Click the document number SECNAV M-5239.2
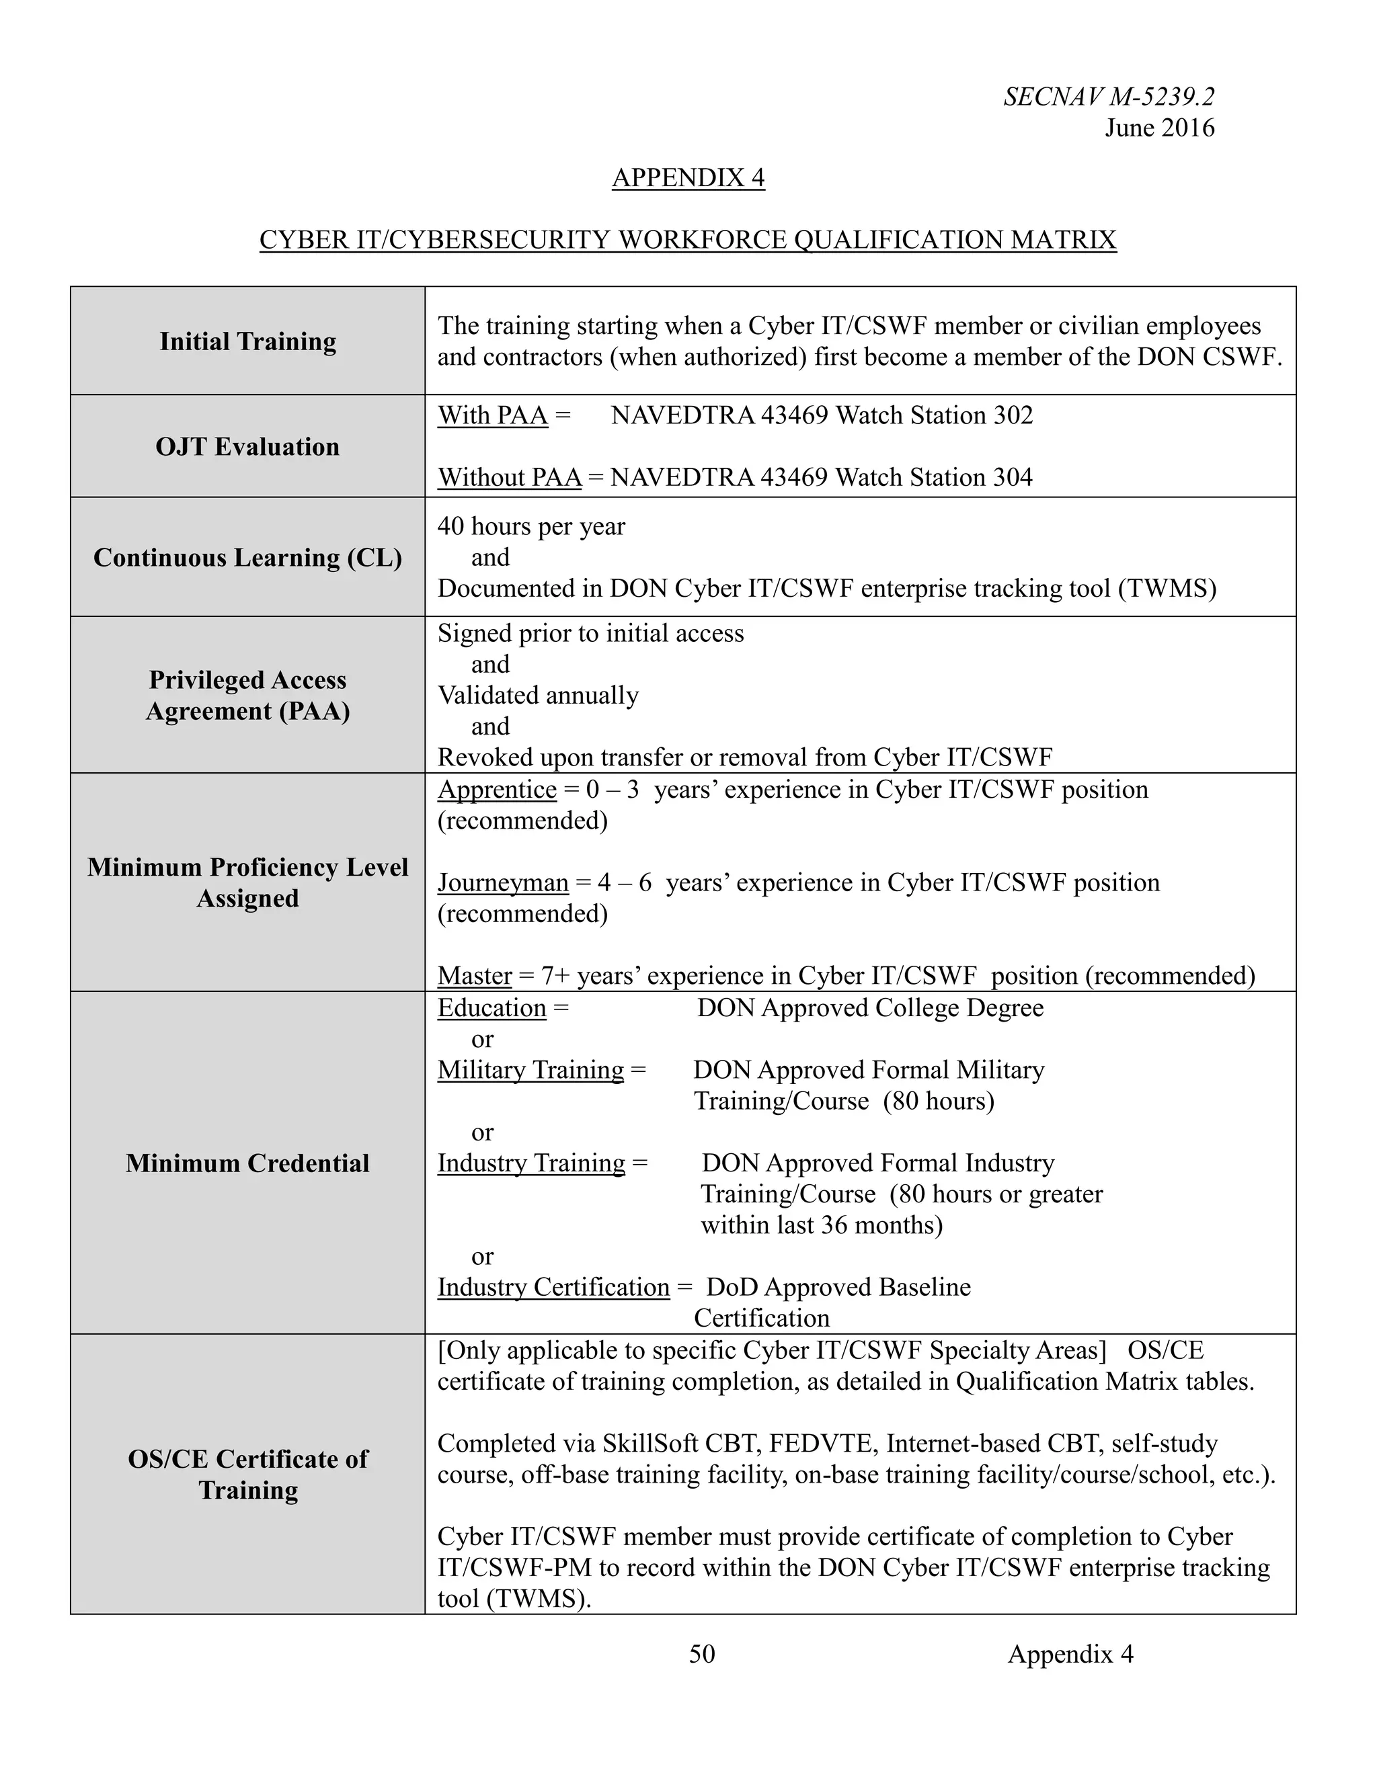[1109, 97]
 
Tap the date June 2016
[1159, 128]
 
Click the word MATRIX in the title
[1063, 240]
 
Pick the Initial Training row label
[247, 341]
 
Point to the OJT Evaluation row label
[247, 446]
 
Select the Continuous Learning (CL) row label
[247, 557]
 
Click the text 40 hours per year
[531, 526]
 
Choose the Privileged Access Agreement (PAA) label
[247, 695]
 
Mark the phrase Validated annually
[538, 695]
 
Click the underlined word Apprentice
[497, 790]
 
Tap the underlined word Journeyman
[502, 882]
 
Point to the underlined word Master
[474, 975]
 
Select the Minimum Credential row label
[247, 1163]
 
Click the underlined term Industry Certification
[553, 1287]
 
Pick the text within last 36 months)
[821, 1225]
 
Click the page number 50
[701, 1654]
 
